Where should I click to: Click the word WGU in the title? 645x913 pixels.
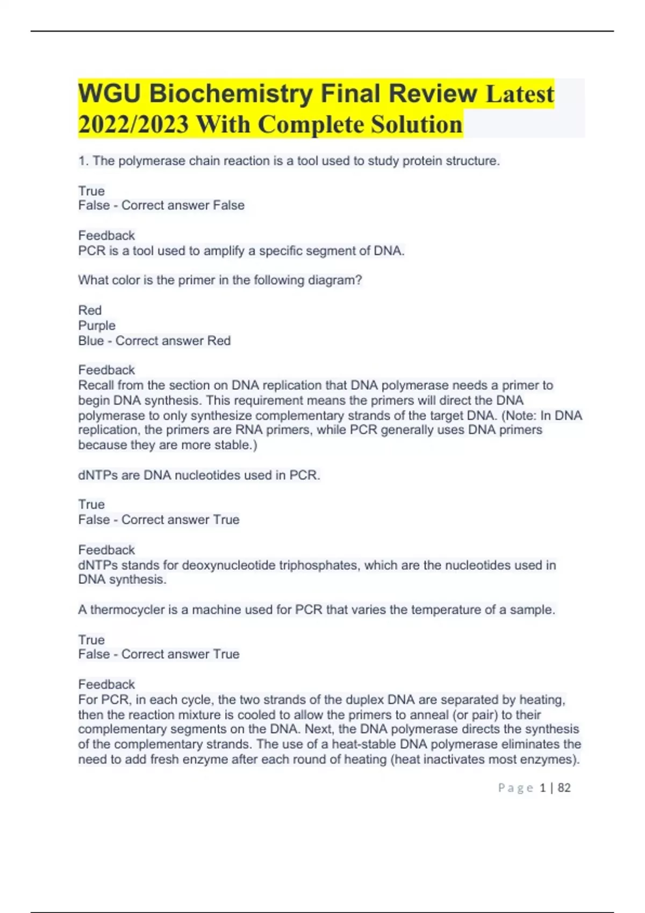(x=109, y=94)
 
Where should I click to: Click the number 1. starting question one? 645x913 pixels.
(x=83, y=161)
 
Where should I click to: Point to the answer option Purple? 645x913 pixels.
(x=97, y=325)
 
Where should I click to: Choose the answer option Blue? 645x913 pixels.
(x=91, y=340)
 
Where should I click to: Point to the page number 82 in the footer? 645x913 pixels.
(x=564, y=788)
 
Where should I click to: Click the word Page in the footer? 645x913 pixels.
(x=515, y=788)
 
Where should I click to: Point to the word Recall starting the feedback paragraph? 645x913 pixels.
(x=96, y=385)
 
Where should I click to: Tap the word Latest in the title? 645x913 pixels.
(x=519, y=94)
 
